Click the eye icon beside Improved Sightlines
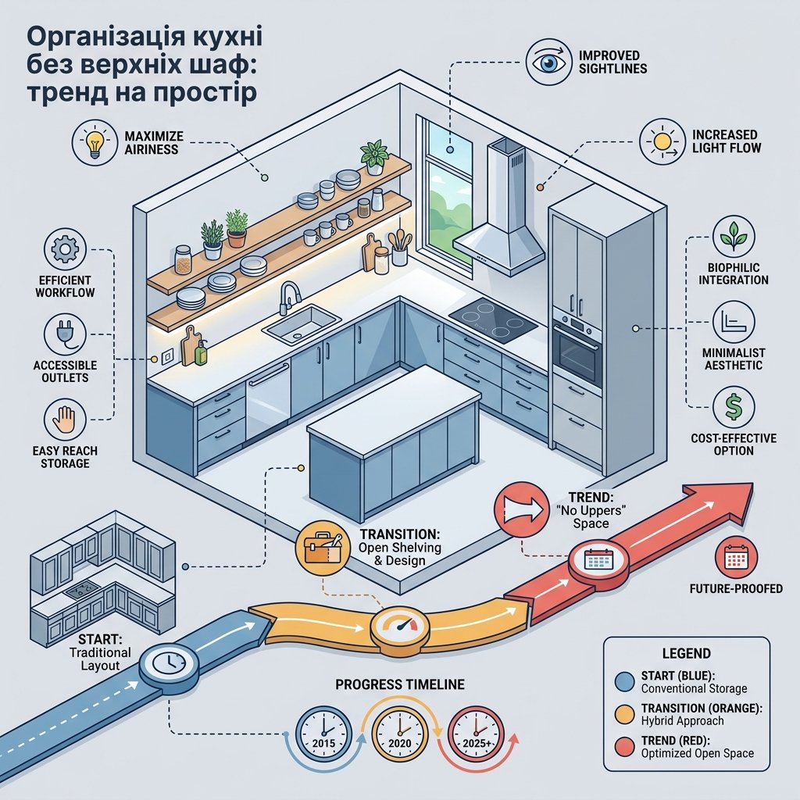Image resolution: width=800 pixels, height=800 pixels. point(549,62)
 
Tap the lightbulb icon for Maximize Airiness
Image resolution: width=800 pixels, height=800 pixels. point(95,143)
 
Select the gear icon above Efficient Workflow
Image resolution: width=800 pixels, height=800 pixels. point(65,249)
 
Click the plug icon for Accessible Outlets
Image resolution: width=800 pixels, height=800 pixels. point(65,334)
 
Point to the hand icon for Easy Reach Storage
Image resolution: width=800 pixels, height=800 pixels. point(65,420)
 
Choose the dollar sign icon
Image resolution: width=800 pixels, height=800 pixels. point(734,406)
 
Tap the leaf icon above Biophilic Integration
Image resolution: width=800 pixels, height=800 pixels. point(734,236)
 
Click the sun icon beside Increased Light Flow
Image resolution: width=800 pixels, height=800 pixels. point(662,141)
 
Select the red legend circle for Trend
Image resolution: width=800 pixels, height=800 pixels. point(624,747)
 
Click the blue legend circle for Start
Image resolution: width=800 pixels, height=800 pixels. point(624,681)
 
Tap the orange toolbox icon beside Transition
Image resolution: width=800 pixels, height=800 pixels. point(323,548)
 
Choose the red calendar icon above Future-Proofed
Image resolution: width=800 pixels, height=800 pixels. point(736,558)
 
